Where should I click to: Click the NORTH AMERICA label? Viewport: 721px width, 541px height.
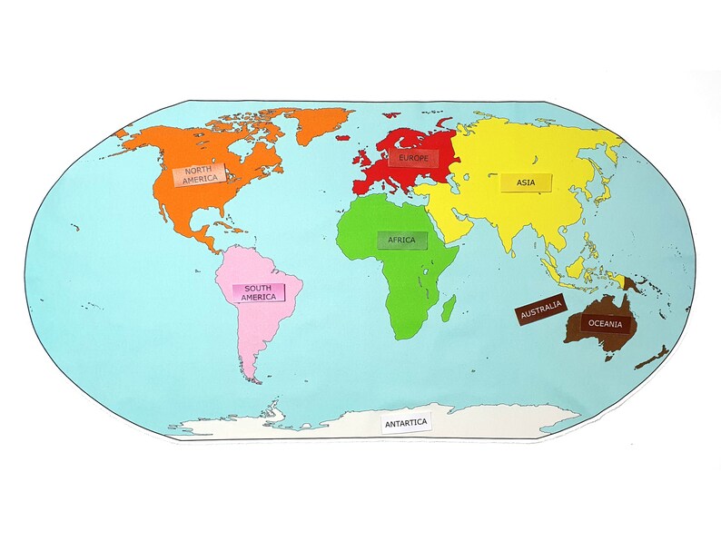(197, 174)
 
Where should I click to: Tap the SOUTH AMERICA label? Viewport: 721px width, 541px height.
(259, 292)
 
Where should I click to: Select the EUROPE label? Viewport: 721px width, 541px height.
(413, 158)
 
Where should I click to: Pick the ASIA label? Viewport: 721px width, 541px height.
(526, 182)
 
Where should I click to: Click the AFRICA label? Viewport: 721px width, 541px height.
(401, 240)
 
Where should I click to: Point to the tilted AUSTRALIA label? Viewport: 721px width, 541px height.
(542, 310)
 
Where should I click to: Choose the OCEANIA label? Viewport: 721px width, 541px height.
(605, 323)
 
